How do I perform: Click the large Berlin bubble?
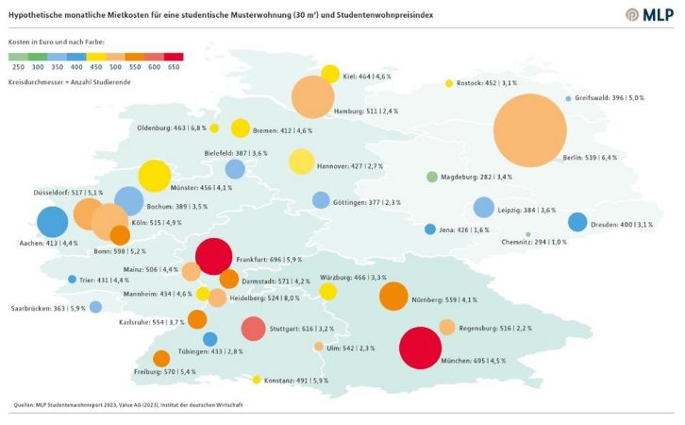(x=529, y=131)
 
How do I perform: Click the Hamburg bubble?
(x=312, y=97)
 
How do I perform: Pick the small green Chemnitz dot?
(x=527, y=234)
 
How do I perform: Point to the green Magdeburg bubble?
(x=432, y=177)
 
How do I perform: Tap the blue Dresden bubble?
(x=577, y=223)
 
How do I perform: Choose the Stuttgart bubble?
(x=253, y=329)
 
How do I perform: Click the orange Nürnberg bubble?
(x=393, y=296)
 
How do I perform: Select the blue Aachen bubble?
(x=52, y=223)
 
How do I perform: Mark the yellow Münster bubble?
(x=153, y=176)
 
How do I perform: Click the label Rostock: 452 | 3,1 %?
(x=488, y=83)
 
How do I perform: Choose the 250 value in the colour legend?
(x=18, y=67)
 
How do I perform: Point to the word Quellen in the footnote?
(x=25, y=404)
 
